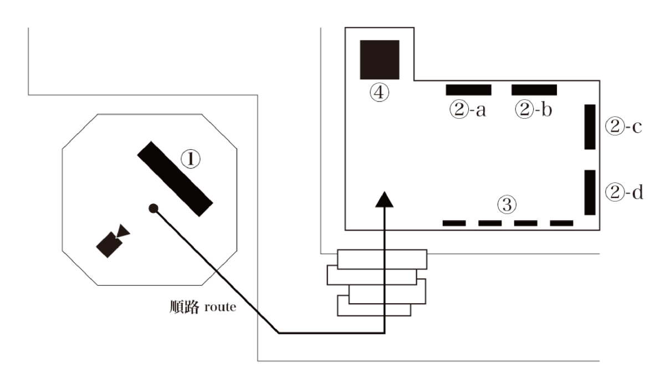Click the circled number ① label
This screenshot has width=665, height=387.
(x=190, y=160)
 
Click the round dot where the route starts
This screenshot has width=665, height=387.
(x=154, y=208)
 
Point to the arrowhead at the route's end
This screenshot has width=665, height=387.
(x=384, y=199)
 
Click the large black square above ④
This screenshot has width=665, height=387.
(x=380, y=59)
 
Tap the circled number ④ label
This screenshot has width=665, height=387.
(x=380, y=93)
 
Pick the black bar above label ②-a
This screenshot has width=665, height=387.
(x=468, y=89)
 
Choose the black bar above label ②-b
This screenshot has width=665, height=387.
(x=534, y=89)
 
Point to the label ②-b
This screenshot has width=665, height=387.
(x=533, y=111)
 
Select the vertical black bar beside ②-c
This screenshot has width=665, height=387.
(x=590, y=126)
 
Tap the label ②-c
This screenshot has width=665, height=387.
(x=623, y=128)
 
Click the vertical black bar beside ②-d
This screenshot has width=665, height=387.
(x=590, y=192)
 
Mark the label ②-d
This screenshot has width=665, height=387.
(x=623, y=192)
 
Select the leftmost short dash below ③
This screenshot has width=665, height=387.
(x=454, y=223)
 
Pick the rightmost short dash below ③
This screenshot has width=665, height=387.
(x=561, y=223)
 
